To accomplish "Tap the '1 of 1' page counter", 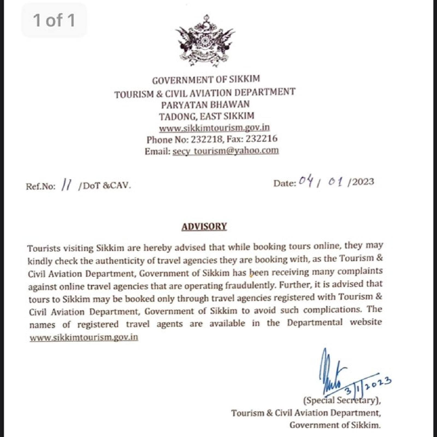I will click(x=54, y=20).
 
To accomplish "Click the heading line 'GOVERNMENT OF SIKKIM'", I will click(x=206, y=80).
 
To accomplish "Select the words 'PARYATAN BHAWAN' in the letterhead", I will click(x=205, y=105).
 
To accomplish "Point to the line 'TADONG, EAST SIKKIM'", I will click(x=206, y=116).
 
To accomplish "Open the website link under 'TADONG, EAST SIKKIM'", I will click(x=214, y=128).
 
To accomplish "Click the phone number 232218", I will click(x=206, y=140).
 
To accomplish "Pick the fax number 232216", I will click(x=261, y=139).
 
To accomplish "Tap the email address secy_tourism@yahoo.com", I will click(x=225, y=151).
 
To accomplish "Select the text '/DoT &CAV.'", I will click(x=104, y=186).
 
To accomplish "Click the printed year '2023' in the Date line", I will click(x=363, y=182).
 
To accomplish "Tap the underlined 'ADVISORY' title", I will click(x=204, y=226).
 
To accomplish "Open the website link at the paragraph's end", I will click(x=84, y=337).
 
